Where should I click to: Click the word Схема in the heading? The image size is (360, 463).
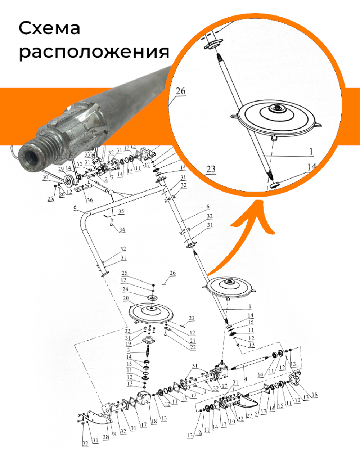pyautogui.click(x=49, y=28)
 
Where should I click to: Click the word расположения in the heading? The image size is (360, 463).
pyautogui.click(x=94, y=53)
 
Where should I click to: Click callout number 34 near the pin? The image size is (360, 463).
pyautogui.click(x=122, y=229)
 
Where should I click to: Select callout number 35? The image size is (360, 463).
pyautogui.click(x=121, y=211)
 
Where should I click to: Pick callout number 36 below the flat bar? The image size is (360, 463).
pyautogui.click(x=90, y=200)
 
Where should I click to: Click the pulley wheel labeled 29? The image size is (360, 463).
pyautogui.click(x=67, y=180)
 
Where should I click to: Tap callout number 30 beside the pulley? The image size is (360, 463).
pyautogui.click(x=45, y=178)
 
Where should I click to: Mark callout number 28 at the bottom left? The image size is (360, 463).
pyautogui.click(x=106, y=437)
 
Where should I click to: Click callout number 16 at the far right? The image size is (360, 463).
pyautogui.click(x=314, y=395)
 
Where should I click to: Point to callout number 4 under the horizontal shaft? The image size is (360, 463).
pyautogui.click(x=245, y=379)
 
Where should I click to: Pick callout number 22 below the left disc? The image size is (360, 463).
pyautogui.click(x=193, y=347)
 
